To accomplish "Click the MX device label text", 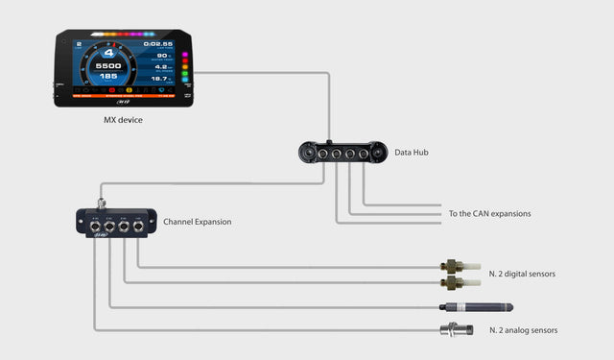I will (x=124, y=120).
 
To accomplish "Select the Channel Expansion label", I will (x=197, y=222).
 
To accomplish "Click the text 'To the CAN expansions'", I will (x=489, y=213).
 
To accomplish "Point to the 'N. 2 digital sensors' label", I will (x=522, y=274).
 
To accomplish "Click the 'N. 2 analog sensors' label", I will (x=523, y=330).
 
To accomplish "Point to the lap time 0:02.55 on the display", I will (x=157, y=44).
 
